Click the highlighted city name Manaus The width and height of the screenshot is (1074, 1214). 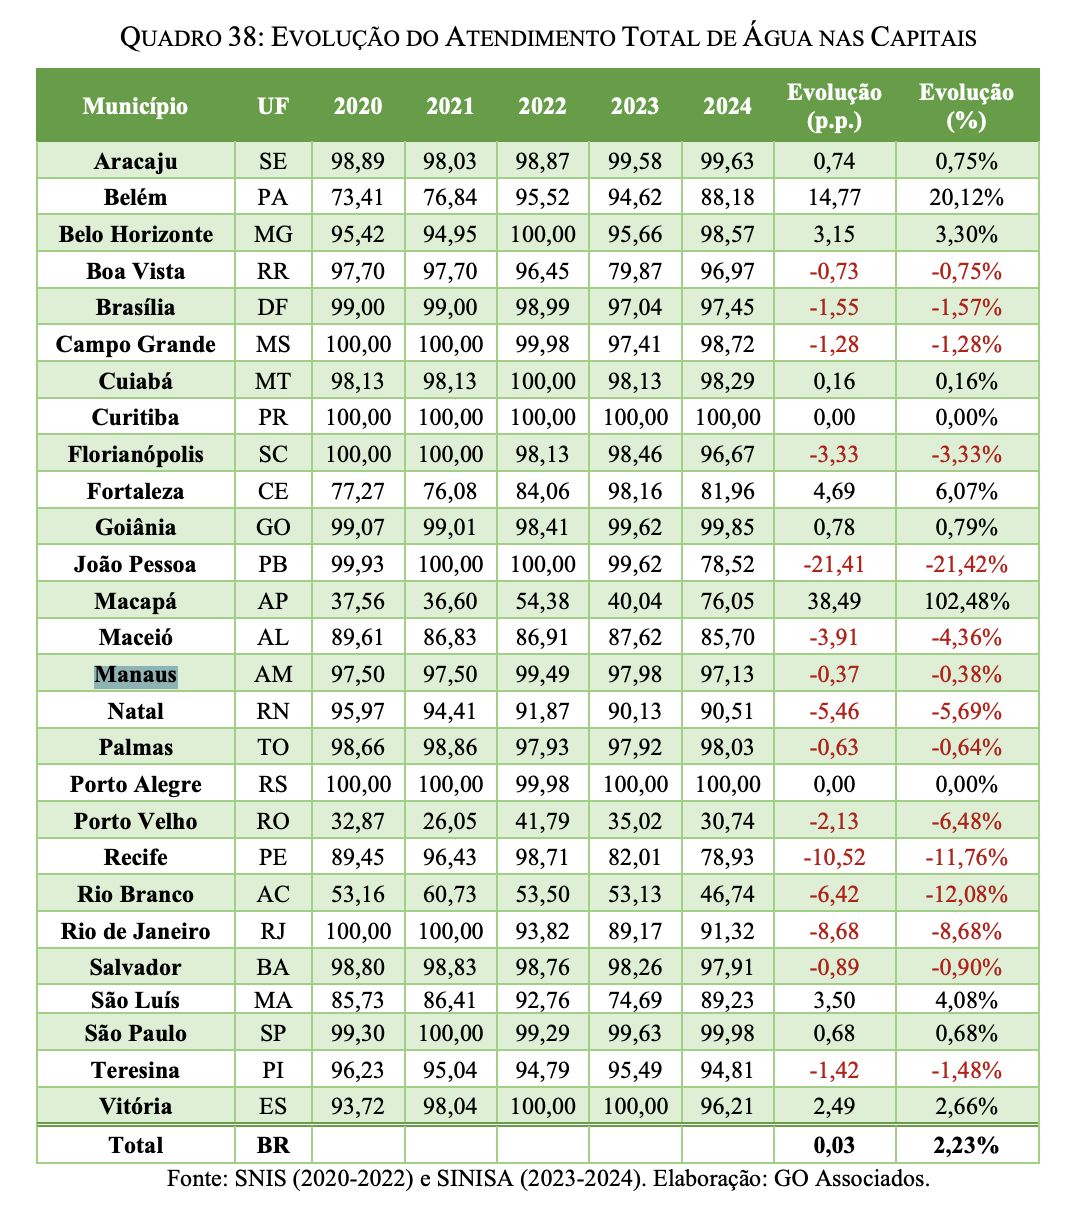point(135,675)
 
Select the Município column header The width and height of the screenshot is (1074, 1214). point(135,106)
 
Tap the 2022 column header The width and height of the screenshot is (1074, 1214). point(542,106)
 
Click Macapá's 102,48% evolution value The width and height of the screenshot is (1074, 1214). point(966,601)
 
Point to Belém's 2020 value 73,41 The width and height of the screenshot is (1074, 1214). point(358,197)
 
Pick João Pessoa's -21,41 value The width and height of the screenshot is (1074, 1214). point(834,564)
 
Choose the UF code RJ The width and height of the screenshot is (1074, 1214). point(272,931)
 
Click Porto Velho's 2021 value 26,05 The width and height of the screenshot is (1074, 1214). point(450,821)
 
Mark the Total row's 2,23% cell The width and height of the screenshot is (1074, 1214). point(966,1145)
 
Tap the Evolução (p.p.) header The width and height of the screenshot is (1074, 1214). point(834,106)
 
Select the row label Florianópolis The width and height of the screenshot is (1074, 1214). point(135,454)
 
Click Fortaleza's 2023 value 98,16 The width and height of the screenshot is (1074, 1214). point(635,491)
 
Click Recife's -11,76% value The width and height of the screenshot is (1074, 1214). point(966,857)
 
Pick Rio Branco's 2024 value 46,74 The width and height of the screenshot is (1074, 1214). point(727,894)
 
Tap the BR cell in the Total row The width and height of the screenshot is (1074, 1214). point(272,1145)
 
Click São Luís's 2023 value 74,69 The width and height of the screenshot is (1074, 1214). point(635,1000)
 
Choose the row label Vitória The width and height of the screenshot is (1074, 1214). point(135,1106)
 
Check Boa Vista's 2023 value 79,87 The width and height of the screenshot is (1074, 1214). point(635,271)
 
